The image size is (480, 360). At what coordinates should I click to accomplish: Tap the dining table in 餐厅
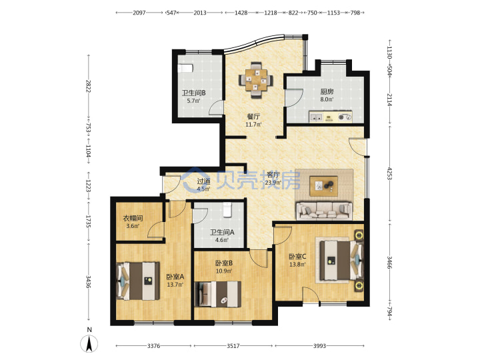[x=256, y=80]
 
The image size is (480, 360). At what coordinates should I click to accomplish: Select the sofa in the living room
[x=324, y=211]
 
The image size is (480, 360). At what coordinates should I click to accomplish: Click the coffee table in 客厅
[x=323, y=186]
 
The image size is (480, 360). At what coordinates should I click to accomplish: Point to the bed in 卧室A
[x=138, y=281]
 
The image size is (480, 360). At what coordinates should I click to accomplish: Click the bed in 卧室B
[x=217, y=294]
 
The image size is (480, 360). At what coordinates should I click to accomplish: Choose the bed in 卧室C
[x=341, y=260]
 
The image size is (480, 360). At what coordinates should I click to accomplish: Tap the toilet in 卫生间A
[x=227, y=210]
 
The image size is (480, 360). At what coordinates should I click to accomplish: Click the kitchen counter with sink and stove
[x=331, y=117]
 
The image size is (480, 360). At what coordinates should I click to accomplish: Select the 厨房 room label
[x=327, y=91]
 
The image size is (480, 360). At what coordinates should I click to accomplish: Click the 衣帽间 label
[x=133, y=218]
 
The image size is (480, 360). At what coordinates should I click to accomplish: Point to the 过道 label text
[x=203, y=181]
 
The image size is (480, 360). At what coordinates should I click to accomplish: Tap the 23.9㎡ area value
[x=273, y=183]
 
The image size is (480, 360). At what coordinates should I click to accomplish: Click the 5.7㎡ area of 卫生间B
[x=193, y=101]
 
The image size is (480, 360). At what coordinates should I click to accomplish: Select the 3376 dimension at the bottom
[x=154, y=346]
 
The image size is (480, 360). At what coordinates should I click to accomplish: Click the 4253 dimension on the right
[x=389, y=173]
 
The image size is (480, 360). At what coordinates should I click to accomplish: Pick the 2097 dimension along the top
[x=139, y=13]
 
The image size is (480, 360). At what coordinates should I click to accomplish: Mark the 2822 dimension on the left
[x=88, y=86]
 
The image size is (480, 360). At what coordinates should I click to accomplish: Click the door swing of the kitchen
[x=294, y=98]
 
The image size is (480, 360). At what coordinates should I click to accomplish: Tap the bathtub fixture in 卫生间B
[x=185, y=68]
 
